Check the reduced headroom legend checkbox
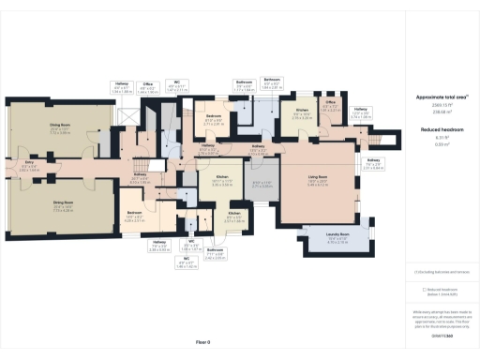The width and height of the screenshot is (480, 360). coord(424,290)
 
